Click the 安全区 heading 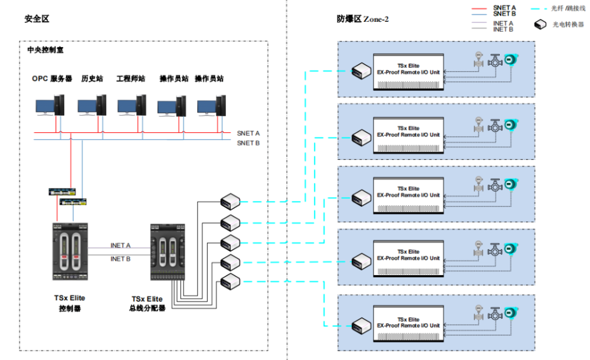(x=37, y=19)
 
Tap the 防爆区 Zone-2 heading (x=362, y=19)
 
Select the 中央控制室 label (x=45, y=50)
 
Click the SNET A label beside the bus (x=248, y=133)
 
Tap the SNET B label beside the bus (x=248, y=143)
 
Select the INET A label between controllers (x=120, y=245)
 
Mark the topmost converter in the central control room (x=230, y=201)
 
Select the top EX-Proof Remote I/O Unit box (x=408, y=71)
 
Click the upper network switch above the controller (x=63, y=191)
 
